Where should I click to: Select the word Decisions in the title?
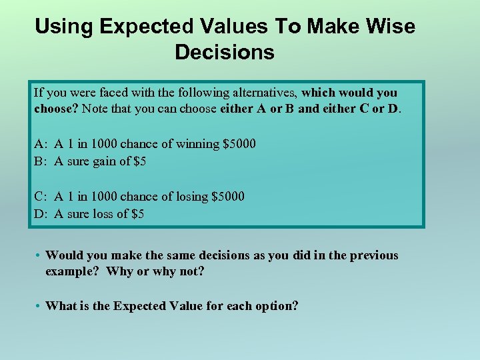click(x=225, y=52)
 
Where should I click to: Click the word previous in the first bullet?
click(x=375, y=255)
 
